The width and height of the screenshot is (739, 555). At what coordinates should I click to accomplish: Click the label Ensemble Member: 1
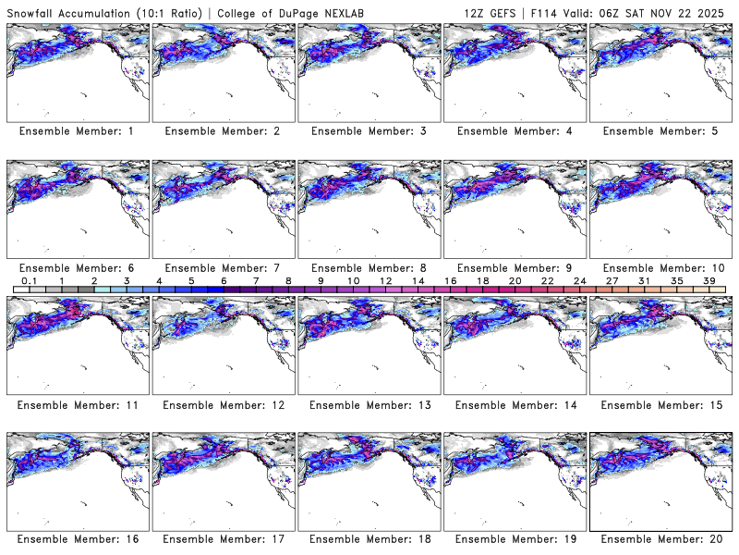[76, 131]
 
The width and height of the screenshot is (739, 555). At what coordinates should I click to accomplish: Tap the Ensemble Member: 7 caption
[222, 267]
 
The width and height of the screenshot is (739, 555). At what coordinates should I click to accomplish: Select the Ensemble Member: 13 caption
[368, 404]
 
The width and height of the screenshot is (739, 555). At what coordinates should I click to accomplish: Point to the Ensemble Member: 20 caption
[660, 539]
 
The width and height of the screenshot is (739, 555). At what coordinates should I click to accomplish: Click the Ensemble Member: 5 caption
[660, 131]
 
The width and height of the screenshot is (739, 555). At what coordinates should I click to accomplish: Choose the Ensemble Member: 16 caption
[76, 539]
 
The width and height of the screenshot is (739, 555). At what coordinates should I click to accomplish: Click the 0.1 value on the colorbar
[29, 280]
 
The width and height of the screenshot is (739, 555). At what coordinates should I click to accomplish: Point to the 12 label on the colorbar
[384, 280]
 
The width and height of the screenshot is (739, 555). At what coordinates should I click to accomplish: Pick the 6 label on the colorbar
[223, 280]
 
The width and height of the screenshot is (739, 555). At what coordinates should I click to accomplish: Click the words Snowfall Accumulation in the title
[66, 10]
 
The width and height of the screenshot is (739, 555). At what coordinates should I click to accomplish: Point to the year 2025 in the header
[716, 10]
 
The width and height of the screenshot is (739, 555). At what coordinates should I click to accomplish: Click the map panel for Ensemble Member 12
[222, 346]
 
